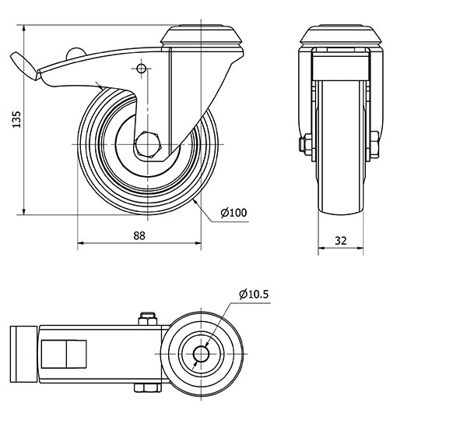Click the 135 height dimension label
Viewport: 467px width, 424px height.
point(17,119)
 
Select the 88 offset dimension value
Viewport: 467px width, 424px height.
point(139,236)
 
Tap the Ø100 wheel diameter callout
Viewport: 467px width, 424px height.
point(233,213)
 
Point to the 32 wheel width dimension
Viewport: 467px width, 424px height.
point(341,240)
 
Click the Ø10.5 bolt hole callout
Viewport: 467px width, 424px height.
point(254,295)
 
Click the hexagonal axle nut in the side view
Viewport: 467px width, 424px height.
point(147,144)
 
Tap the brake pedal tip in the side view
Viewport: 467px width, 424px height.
point(25,66)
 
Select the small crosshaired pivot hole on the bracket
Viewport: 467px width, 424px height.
point(141,69)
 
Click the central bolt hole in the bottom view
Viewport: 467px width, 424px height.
point(201,354)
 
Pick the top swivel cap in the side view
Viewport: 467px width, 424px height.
point(202,36)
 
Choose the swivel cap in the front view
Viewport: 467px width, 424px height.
point(341,36)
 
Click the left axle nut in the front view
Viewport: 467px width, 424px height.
point(306,144)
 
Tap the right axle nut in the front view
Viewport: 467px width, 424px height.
point(374,144)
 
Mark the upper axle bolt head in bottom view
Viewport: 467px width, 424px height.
point(147,319)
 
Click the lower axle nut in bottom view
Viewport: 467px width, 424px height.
point(148,387)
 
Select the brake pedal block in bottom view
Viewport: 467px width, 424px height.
point(23,354)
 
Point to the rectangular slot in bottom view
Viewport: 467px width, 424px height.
point(64,354)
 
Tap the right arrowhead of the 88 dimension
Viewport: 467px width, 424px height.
point(197,243)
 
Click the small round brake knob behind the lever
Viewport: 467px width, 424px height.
point(75,53)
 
